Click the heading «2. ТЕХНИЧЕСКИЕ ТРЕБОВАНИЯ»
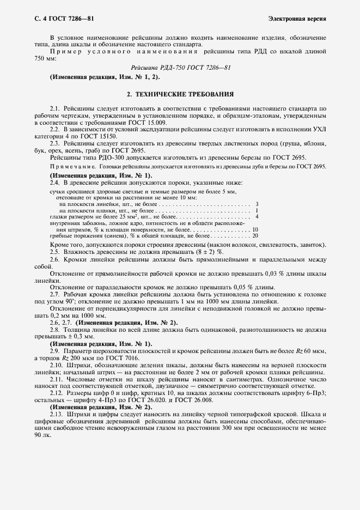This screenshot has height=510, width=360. [180, 94]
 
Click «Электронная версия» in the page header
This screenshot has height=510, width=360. [297, 19]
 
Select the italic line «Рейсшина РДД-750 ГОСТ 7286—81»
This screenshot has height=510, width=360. [181, 69]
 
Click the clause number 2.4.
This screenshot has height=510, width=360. [54, 184]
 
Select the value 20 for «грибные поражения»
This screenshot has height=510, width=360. [255, 235]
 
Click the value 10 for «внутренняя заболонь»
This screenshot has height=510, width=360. [255, 229]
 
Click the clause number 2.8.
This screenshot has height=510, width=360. [54, 330]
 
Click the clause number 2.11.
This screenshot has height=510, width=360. [56, 377]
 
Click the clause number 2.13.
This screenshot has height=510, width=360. [56, 415]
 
